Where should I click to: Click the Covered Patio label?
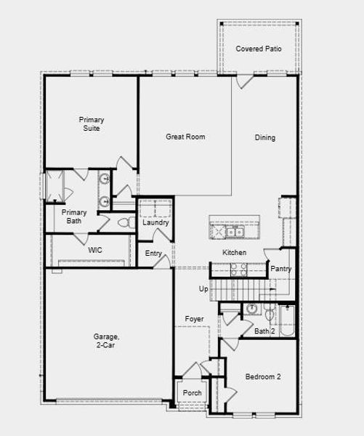click(259, 49)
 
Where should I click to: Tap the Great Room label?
click(185, 137)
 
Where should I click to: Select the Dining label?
click(265, 137)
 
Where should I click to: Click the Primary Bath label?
click(74, 217)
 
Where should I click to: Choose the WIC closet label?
click(95, 250)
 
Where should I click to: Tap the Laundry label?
click(155, 222)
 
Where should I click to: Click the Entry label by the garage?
click(153, 254)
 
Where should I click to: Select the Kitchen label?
click(234, 252)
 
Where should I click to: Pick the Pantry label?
click(281, 269)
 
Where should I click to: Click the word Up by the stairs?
click(204, 289)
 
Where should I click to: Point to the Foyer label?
click(194, 319)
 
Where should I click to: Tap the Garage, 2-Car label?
click(106, 341)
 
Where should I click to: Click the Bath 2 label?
click(264, 331)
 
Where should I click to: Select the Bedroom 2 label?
click(263, 377)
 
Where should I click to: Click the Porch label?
click(193, 393)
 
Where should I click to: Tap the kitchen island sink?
click(233, 233)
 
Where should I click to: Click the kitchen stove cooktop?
click(238, 270)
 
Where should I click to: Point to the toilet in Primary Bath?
click(123, 223)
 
